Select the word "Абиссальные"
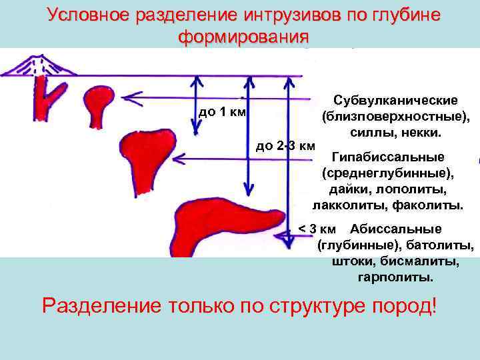click(395, 230)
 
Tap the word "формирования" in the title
click(243, 36)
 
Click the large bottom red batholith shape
click(227, 217)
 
